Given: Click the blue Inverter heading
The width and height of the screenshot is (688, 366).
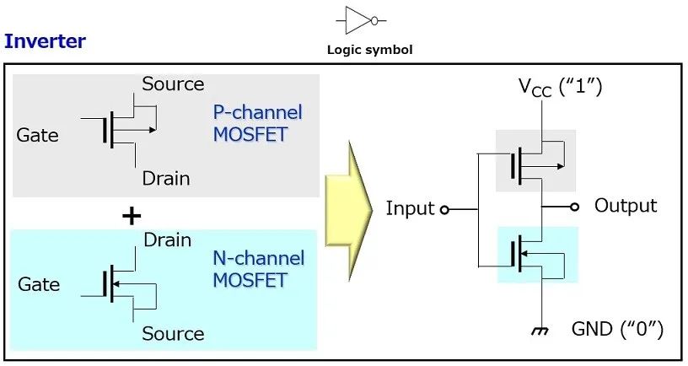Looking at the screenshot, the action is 45,41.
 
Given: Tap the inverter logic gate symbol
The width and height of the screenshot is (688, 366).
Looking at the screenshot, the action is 361,20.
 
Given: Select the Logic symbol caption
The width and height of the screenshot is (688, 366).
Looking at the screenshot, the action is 370,50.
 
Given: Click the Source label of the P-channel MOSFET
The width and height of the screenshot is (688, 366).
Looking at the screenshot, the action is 173,83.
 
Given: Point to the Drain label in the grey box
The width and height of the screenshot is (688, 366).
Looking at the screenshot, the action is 166,179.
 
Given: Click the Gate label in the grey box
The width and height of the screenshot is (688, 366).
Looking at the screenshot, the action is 37,135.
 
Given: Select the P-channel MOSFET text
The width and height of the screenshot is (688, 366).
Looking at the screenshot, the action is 257,123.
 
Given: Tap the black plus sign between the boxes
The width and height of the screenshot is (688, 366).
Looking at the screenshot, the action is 132,216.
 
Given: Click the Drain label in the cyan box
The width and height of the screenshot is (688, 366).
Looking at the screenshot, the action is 168,240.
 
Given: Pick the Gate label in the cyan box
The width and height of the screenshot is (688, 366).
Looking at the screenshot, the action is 39,284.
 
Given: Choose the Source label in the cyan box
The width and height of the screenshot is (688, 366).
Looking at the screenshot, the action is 173,334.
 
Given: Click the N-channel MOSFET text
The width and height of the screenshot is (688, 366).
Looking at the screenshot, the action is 259,269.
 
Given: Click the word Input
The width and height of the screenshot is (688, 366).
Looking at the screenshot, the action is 410,208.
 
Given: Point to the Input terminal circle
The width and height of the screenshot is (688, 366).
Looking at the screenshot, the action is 444,210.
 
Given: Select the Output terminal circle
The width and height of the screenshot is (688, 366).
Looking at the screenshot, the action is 574,207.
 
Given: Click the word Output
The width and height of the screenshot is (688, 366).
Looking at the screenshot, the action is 626,206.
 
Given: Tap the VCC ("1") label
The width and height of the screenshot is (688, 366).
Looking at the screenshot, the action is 561,87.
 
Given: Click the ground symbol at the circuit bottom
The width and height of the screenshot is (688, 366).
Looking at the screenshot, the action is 540,331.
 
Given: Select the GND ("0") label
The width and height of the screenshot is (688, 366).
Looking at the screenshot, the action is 617,329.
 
